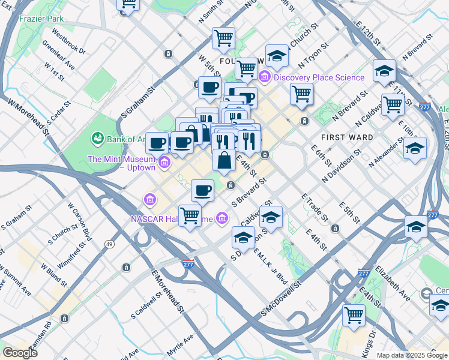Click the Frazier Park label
41,19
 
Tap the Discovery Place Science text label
319,77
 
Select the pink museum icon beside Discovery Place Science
265,77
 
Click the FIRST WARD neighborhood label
346,137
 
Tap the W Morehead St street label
28,119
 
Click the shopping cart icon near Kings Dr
354,314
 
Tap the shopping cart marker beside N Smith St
223,38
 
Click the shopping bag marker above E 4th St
224,160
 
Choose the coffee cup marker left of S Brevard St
203,190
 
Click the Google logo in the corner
19,353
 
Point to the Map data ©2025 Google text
411,355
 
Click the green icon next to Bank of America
97,139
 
